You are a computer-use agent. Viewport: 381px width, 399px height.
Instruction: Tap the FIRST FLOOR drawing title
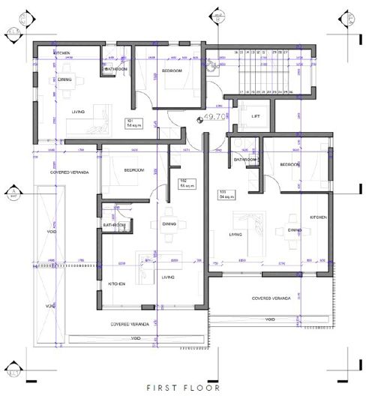[x=184, y=388]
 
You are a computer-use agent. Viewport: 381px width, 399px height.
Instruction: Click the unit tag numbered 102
[x=182, y=182]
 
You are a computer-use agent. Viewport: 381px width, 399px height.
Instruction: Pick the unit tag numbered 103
[x=223, y=193]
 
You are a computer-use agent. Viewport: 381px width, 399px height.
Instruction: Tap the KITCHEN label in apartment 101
[x=61, y=54]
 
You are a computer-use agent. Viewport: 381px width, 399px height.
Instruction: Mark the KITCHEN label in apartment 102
[x=117, y=284]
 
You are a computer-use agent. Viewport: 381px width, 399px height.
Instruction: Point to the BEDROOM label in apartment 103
[x=290, y=164]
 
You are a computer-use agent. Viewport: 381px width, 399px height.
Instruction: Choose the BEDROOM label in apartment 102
[x=133, y=170]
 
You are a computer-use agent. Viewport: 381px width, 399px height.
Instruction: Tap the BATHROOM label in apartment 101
[x=116, y=69]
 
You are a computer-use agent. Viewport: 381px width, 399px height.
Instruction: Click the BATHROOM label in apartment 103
[x=246, y=160]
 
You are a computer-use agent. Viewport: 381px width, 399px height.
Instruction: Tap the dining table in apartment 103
[x=289, y=238]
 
